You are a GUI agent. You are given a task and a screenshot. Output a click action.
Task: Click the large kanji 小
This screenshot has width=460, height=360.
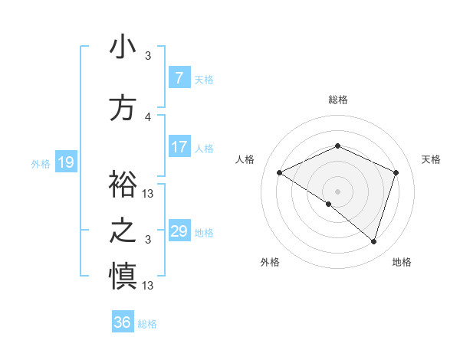(123, 47)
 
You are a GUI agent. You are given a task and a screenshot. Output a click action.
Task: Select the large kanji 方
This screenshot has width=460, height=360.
(123, 108)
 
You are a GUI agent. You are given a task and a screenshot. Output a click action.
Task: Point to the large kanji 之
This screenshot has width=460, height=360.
(123, 231)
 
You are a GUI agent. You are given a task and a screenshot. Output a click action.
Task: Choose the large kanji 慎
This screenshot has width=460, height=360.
(123, 276)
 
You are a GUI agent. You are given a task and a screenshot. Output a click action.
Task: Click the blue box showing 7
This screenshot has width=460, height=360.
(179, 78)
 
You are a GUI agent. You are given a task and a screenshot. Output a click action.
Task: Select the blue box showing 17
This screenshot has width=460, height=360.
(179, 147)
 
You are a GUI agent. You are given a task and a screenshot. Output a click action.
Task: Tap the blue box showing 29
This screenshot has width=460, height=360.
(179, 231)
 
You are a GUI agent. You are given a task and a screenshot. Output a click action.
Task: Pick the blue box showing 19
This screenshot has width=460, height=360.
(65, 162)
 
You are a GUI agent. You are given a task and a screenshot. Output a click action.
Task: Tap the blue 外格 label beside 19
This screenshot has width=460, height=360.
(41, 163)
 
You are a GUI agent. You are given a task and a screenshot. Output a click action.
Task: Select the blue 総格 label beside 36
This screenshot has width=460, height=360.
(147, 323)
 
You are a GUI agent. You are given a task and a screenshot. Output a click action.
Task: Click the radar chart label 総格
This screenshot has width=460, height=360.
(337, 100)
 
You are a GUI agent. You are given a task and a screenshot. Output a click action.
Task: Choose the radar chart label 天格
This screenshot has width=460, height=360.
(431, 159)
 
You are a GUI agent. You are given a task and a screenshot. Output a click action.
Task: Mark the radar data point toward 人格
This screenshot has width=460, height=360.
(280, 172)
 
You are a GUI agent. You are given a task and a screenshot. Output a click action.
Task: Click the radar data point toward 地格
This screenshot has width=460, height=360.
(373, 241)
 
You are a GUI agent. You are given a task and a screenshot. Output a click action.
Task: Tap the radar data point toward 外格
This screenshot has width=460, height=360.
(329, 204)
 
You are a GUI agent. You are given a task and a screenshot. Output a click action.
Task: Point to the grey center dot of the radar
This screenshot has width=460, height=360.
(337, 191)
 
